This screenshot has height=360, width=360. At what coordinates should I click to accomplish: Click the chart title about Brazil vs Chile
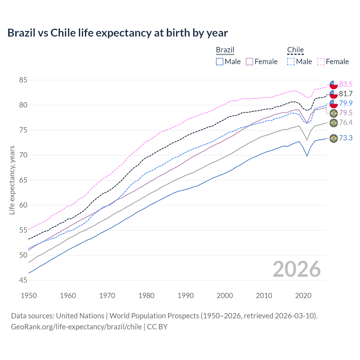coord(118,33)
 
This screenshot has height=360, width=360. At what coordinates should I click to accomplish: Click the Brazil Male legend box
coord(220,62)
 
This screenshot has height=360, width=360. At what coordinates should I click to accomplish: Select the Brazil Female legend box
coord(249,62)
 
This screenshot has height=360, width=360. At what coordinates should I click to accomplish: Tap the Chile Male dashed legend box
coord(291,62)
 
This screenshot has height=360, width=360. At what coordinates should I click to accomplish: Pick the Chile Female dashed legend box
coord(321,62)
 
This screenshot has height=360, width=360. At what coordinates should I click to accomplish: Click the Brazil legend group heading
coord(225,50)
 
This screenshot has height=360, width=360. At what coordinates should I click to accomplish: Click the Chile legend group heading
coord(295,50)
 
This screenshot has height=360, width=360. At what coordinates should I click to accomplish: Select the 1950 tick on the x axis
coord(29,296)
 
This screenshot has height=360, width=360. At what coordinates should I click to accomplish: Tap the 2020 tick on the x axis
coord(303,296)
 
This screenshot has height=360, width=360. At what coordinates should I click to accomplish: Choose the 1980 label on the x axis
coord(146,296)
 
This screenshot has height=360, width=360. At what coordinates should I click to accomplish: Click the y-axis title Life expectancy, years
coord(12,180)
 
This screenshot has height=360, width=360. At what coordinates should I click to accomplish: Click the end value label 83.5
coord(346,84)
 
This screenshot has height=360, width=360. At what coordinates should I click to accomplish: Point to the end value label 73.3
coord(346,138)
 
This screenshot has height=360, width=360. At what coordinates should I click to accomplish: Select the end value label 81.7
coord(346,94)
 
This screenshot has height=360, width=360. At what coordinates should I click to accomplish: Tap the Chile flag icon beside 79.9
coord(334,103)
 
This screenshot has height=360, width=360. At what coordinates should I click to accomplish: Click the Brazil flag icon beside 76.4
coord(334,123)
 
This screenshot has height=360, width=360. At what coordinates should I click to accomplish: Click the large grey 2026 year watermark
coord(296,269)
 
